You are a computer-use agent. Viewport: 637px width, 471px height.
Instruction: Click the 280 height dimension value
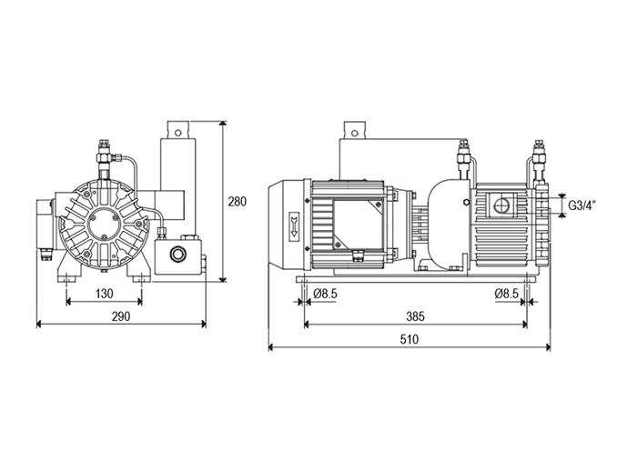(237, 201)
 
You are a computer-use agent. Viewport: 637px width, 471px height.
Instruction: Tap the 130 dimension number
(104, 294)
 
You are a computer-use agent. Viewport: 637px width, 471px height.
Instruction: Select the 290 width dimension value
(121, 316)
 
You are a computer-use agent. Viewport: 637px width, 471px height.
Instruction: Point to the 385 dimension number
(415, 316)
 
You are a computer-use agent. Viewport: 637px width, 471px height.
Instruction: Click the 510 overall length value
(409, 339)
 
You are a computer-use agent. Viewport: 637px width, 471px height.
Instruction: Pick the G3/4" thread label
(581, 205)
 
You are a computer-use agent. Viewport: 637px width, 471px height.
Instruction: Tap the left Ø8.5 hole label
(326, 294)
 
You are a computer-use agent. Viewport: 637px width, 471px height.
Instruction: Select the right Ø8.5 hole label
(507, 294)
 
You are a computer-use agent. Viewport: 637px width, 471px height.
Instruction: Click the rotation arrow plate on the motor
(294, 226)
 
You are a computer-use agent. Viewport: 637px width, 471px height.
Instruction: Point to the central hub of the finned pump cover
(104, 224)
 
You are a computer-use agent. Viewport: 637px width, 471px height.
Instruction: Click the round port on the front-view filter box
(177, 255)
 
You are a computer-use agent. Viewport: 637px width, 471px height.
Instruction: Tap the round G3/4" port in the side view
(500, 205)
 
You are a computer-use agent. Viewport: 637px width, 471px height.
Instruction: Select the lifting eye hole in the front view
(177, 132)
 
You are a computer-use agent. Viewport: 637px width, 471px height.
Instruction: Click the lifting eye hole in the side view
(355, 133)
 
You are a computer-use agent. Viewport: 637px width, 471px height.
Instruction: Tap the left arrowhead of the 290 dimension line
(40, 324)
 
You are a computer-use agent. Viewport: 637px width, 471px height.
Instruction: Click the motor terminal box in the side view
(358, 225)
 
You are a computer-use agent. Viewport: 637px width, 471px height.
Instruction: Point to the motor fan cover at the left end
(287, 226)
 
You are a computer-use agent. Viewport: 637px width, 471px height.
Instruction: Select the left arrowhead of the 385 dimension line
(308, 324)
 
